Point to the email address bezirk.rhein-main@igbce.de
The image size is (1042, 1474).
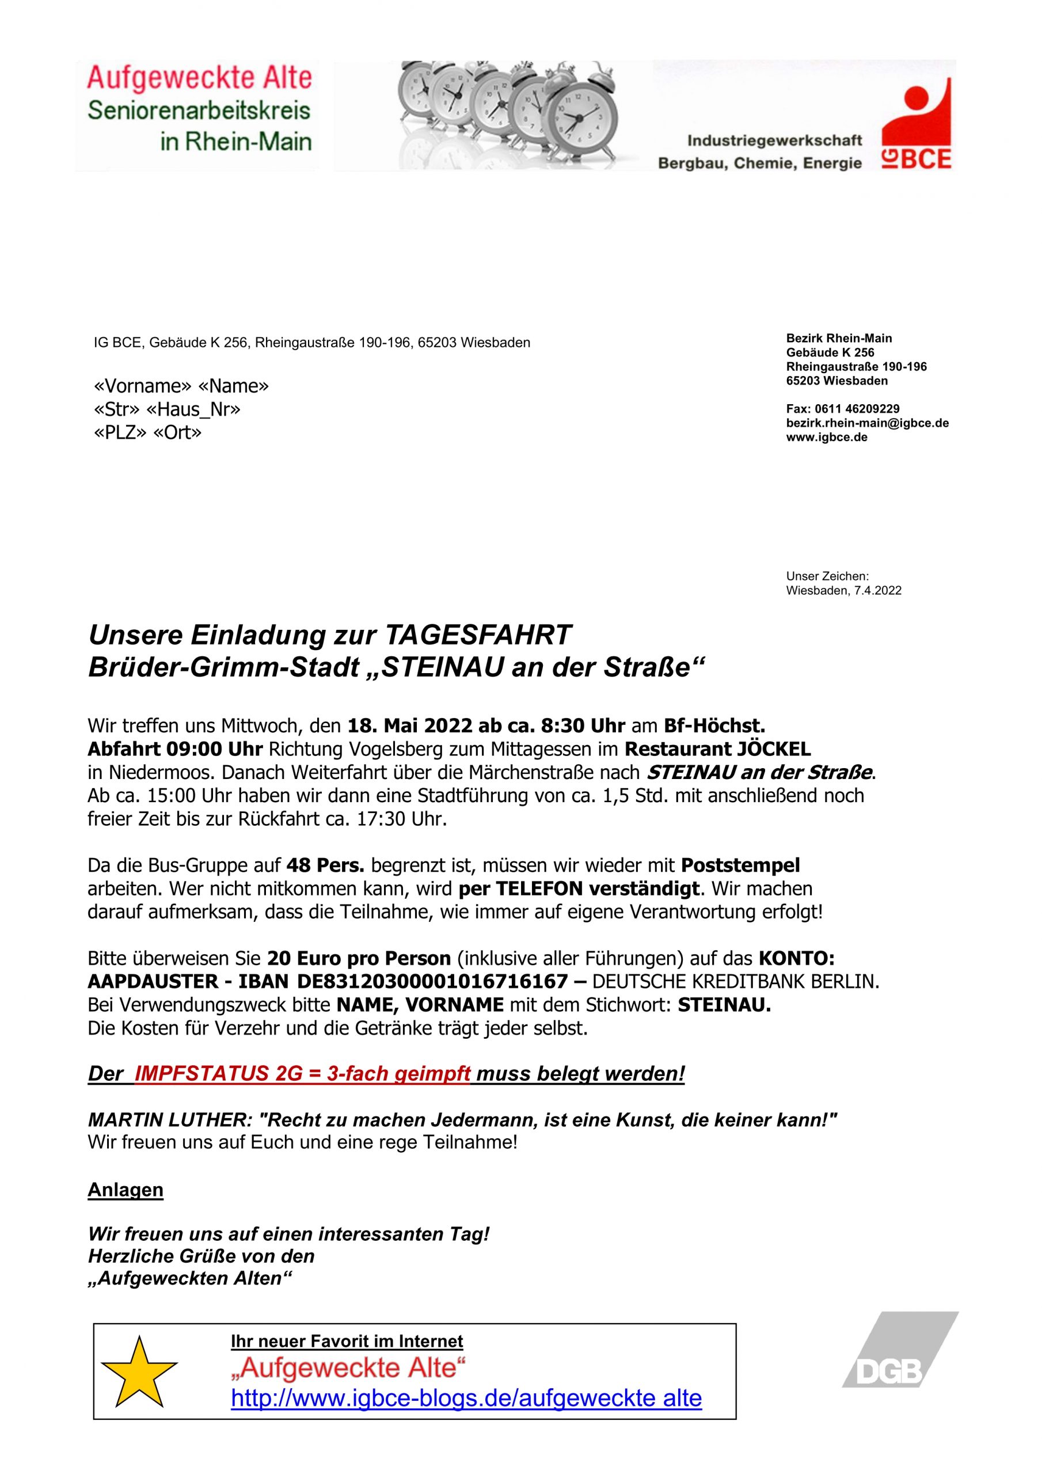(x=868, y=423)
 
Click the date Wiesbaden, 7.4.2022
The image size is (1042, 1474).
(x=843, y=591)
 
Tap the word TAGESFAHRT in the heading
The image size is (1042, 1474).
(x=478, y=636)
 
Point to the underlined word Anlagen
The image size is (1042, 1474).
(x=126, y=1190)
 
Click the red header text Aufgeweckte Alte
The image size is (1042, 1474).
(x=200, y=78)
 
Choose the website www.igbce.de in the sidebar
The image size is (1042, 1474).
(x=826, y=437)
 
